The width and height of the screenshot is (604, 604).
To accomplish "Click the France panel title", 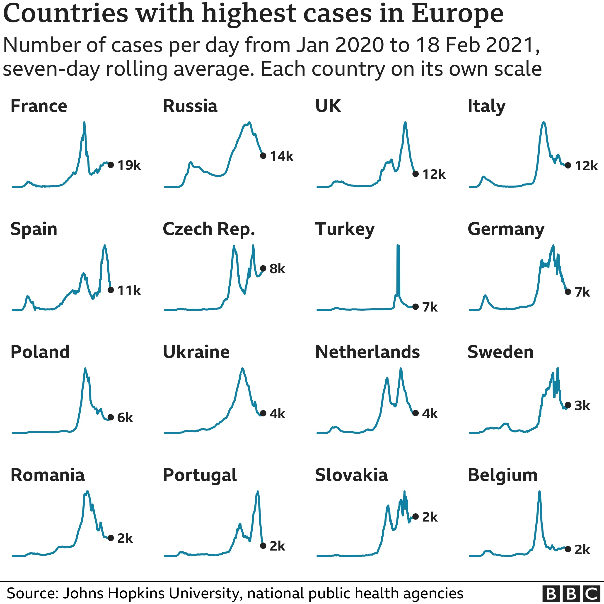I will pyautogui.click(x=39, y=106).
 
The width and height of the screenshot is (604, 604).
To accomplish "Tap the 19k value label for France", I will pyautogui.click(x=129, y=165).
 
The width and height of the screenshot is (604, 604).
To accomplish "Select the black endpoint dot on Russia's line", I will pyautogui.click(x=263, y=156).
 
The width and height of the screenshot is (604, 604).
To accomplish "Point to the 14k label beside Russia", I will pyautogui.click(x=281, y=156).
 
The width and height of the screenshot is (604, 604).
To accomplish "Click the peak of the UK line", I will pyautogui.click(x=405, y=123).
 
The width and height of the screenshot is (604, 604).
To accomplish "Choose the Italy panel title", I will pyautogui.click(x=486, y=106).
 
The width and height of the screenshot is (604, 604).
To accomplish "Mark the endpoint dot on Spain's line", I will pyautogui.click(x=111, y=290).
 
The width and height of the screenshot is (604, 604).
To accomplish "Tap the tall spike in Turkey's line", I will pyautogui.click(x=398, y=250).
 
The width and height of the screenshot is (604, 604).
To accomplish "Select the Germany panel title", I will pyautogui.click(x=506, y=229).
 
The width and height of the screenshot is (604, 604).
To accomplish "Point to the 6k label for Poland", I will pyautogui.click(x=125, y=418).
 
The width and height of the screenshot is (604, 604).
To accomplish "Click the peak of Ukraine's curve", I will pyautogui.click(x=242, y=369).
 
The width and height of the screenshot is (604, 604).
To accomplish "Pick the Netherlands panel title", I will pyautogui.click(x=367, y=352).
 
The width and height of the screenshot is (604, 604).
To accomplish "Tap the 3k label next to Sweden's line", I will pyautogui.click(x=582, y=406).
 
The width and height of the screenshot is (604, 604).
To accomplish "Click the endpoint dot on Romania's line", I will pyautogui.click(x=111, y=538).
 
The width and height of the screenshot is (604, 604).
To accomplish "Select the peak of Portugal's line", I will pyautogui.click(x=258, y=492).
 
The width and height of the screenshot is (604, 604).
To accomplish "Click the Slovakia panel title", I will pyautogui.click(x=351, y=475).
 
